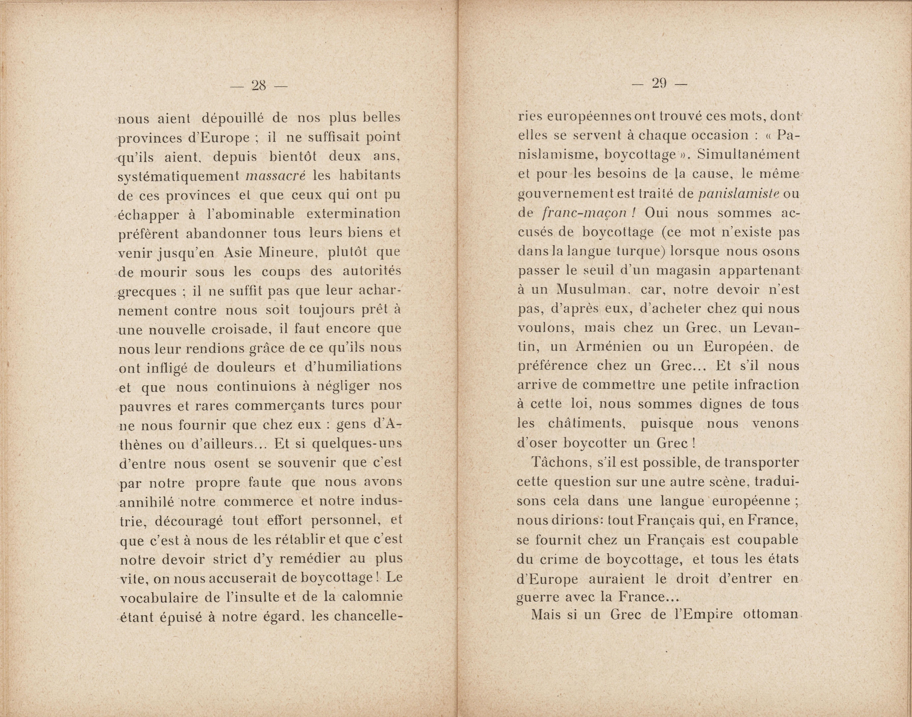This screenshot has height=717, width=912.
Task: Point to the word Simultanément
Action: coord(747,155)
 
